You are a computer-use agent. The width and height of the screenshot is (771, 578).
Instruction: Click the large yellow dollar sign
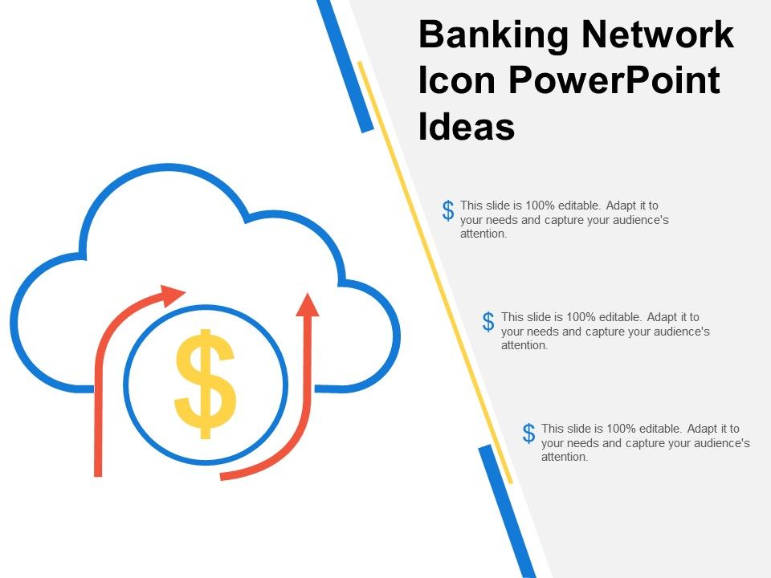(x=206, y=384)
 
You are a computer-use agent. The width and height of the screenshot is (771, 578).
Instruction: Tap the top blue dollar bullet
(x=448, y=211)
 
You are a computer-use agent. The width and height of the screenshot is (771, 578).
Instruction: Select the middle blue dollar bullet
(x=488, y=322)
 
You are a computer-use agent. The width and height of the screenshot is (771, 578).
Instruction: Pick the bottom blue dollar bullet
(x=528, y=433)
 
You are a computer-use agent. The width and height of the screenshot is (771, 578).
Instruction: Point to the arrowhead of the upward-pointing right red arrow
(x=307, y=303)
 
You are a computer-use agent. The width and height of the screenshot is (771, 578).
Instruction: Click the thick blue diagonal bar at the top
(x=345, y=64)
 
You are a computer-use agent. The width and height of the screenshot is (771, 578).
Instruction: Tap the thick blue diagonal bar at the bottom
(x=506, y=511)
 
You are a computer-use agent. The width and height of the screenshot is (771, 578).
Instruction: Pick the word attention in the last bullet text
(x=565, y=458)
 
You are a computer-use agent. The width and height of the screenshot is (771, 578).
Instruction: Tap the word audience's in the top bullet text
(x=639, y=220)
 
